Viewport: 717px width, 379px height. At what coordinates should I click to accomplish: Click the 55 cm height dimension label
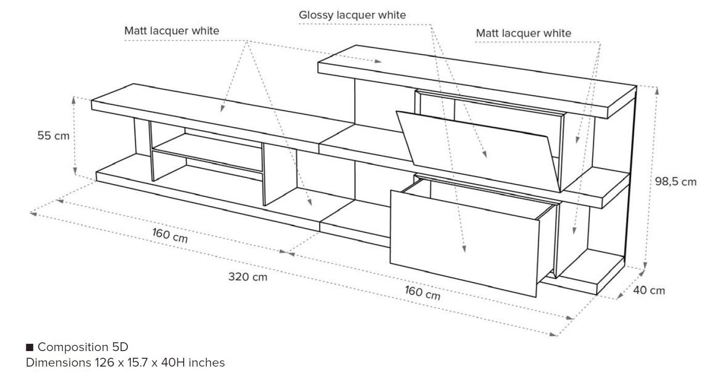click(53, 136)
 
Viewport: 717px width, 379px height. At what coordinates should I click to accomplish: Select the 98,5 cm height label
click(679, 181)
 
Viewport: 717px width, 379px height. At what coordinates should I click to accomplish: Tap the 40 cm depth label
click(649, 291)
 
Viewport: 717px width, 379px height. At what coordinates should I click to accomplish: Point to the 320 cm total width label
click(248, 277)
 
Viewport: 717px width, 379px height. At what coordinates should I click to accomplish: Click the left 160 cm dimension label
click(170, 235)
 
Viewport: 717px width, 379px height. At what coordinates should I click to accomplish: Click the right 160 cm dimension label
click(422, 293)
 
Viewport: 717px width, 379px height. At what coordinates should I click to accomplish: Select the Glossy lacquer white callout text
click(352, 15)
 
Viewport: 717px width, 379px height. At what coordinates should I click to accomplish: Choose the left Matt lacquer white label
click(172, 31)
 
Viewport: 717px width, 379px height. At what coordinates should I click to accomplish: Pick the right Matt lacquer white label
click(524, 34)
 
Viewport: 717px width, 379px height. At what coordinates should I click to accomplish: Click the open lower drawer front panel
click(463, 243)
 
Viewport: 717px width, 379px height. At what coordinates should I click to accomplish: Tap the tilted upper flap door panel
click(481, 147)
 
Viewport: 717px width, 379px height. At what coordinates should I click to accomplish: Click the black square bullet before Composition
click(29, 347)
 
